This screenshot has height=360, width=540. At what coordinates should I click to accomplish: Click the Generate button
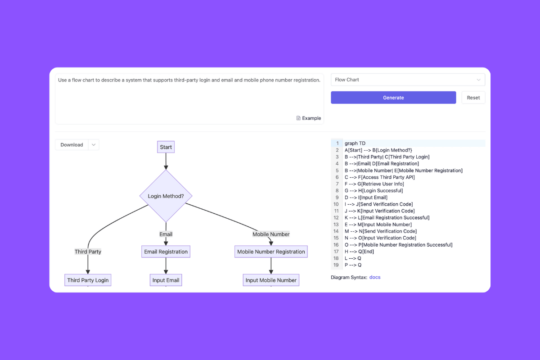(x=393, y=98)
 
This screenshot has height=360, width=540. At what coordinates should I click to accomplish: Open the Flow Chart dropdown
(x=408, y=80)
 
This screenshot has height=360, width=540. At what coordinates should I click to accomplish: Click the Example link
(x=309, y=118)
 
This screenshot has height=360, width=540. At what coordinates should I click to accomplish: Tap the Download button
(x=72, y=145)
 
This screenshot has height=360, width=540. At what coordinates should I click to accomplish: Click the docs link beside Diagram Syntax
(x=375, y=277)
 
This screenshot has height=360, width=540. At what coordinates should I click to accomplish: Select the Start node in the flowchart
(x=166, y=147)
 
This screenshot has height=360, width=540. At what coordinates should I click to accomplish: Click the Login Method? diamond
(x=166, y=196)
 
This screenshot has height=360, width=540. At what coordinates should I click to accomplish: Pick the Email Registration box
(x=166, y=252)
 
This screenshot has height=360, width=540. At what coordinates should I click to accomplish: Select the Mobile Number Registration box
(x=271, y=252)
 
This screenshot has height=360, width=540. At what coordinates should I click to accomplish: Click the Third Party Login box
(x=88, y=280)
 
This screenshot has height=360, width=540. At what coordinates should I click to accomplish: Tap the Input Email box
(x=166, y=280)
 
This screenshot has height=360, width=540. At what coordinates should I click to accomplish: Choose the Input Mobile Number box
(x=271, y=280)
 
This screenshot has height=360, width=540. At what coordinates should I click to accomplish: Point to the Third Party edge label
(x=88, y=252)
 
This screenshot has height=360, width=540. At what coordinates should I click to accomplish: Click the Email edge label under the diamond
(x=166, y=234)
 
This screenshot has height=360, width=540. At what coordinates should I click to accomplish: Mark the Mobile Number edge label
(x=271, y=234)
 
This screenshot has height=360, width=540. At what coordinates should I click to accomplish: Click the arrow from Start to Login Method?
(x=166, y=161)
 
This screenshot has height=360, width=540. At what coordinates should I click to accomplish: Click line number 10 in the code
(x=336, y=204)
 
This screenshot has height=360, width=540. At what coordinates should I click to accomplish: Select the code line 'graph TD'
(x=355, y=144)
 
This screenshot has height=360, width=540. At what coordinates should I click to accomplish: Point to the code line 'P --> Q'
(x=353, y=265)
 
